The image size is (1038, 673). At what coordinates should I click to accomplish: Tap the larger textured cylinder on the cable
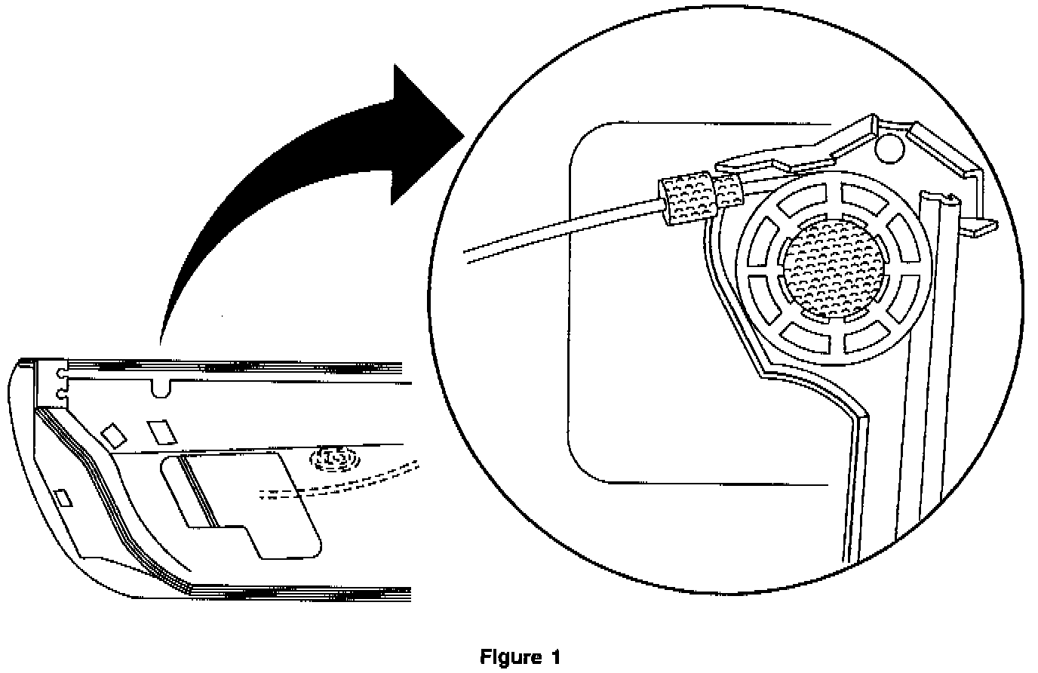pos(686,198)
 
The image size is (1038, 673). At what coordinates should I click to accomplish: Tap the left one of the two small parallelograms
pos(115,434)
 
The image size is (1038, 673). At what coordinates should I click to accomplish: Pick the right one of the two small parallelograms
pos(161,431)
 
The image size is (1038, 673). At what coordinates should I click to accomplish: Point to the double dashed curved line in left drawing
pos(339,483)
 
